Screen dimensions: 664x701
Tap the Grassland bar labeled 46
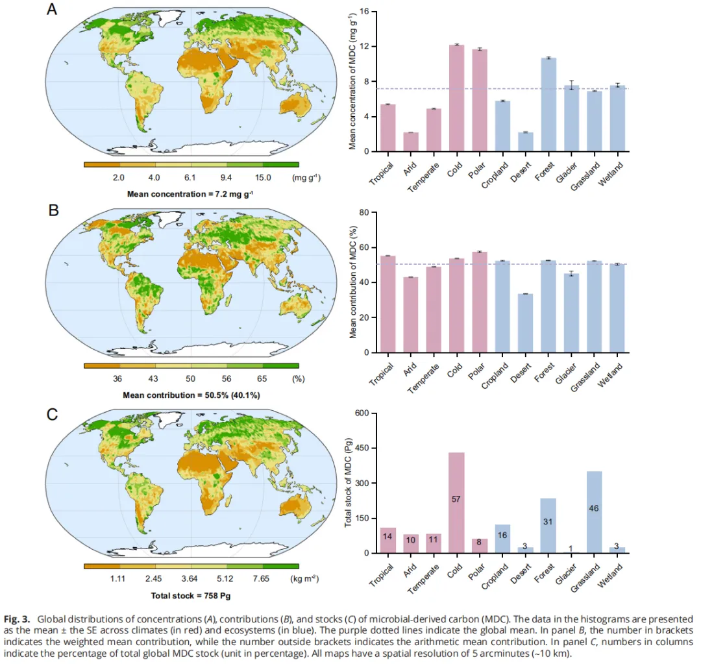[x=595, y=512]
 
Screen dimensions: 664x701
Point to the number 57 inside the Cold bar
[x=456, y=498]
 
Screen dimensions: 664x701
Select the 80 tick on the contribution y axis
[x=364, y=212]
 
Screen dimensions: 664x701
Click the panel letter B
[x=55, y=210]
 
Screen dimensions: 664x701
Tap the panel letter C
[x=55, y=414]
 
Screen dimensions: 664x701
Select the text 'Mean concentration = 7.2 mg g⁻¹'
[x=190, y=193]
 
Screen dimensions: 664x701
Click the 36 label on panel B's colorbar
[x=117, y=378]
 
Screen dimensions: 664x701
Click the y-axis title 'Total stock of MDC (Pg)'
[x=348, y=484]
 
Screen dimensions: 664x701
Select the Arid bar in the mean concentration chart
[x=410, y=141]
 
